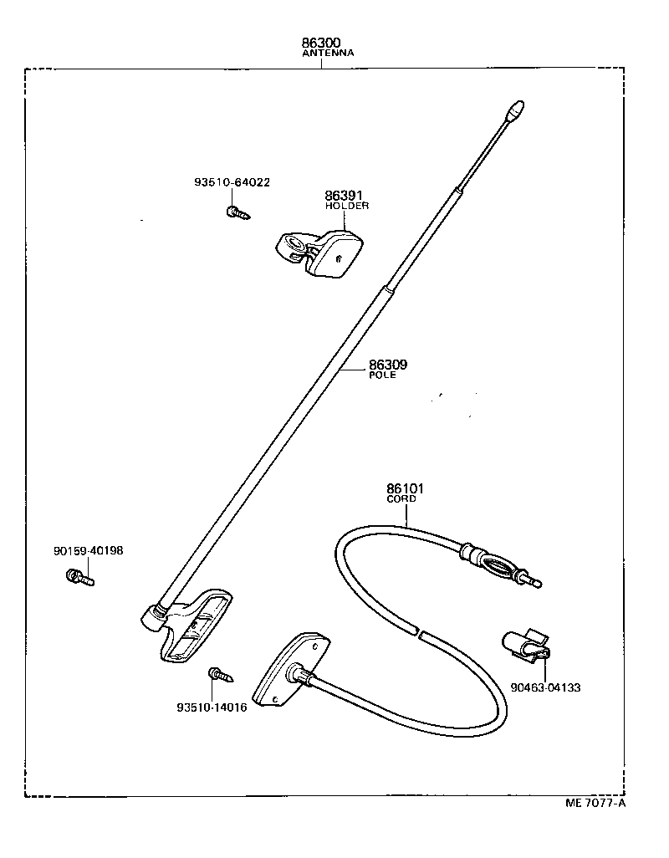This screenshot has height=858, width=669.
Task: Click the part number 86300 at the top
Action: [322, 42]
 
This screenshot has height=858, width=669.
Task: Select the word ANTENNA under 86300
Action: [328, 53]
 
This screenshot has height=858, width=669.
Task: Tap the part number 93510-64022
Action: [232, 182]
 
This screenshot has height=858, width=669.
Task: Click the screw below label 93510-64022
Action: [237, 212]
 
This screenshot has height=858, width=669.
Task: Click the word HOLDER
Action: [346, 206]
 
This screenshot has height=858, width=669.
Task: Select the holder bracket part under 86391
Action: [320, 248]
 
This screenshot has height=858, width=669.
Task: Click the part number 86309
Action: [388, 365]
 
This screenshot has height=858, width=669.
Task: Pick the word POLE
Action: [382, 375]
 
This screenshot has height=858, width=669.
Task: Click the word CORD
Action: [401, 498]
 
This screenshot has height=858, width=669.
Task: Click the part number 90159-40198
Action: [88, 550]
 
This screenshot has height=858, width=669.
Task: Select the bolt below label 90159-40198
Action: [80, 576]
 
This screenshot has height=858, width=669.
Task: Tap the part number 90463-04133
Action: [545, 687]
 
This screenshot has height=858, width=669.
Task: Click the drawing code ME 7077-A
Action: [595, 804]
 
